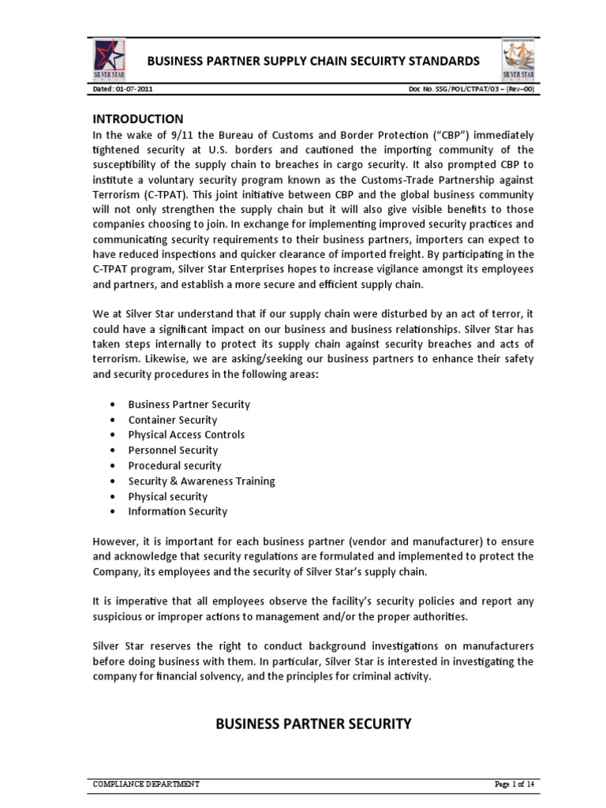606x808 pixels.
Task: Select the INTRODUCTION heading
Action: [x=138, y=119]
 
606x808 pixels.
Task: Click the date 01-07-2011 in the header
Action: [x=133, y=91]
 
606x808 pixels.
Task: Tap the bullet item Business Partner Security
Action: [x=189, y=404]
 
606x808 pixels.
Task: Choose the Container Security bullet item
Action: [x=172, y=420]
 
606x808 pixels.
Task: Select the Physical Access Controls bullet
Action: [x=186, y=435]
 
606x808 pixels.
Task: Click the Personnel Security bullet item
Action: [x=173, y=450]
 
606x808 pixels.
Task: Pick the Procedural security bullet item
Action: [x=174, y=466]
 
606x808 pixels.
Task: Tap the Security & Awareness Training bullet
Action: [x=201, y=481]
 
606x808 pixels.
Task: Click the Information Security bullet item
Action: [x=178, y=511]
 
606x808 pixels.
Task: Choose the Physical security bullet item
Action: [x=167, y=496]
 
